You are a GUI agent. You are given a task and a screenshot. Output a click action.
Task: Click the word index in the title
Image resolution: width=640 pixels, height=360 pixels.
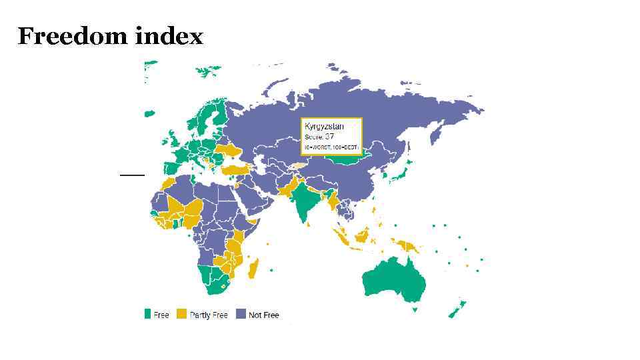coord(169,36)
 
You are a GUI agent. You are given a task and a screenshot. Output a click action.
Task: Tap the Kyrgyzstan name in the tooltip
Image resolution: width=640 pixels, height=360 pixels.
coord(324,126)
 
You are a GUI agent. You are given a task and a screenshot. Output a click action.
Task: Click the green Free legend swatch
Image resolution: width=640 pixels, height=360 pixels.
coord(147,314)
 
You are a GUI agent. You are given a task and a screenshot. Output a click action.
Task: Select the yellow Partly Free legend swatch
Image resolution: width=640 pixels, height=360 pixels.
coord(181,314)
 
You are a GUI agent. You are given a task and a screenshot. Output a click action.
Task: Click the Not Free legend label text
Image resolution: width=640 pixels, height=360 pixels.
coord(263,315)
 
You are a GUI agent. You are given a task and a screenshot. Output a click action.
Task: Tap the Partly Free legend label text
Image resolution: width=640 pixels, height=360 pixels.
coord(209,315)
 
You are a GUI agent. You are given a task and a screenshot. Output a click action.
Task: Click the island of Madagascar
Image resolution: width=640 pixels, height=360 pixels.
coord(253,269)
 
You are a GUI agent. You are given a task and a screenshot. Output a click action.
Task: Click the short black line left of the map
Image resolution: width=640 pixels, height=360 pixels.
coord(132,174)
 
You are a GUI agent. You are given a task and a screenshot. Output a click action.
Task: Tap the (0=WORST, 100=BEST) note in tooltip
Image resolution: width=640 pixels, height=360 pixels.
coord(331,147)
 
